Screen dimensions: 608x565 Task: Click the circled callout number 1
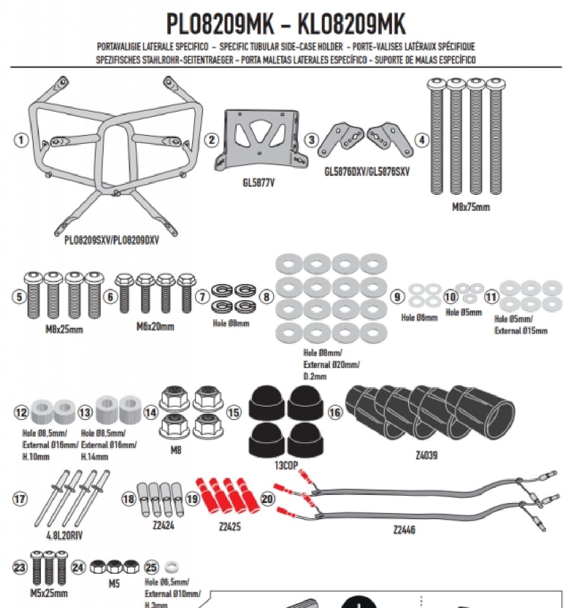click(x=20, y=140)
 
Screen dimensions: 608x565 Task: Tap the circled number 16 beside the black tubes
click(x=335, y=412)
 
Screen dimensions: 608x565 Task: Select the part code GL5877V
click(x=258, y=183)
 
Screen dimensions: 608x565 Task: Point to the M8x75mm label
click(x=470, y=207)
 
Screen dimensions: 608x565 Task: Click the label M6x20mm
click(x=155, y=326)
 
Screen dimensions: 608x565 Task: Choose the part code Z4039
click(x=426, y=455)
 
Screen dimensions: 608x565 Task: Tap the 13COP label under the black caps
click(x=286, y=465)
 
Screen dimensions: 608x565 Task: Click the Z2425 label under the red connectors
click(x=230, y=527)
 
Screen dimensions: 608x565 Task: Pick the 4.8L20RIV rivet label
click(x=64, y=535)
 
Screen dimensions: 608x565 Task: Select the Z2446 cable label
click(x=404, y=529)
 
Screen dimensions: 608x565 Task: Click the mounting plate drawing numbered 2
click(x=259, y=138)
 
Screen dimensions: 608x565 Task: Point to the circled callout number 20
click(x=268, y=499)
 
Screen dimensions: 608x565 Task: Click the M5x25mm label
click(x=49, y=593)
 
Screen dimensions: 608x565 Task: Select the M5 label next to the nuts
click(x=114, y=583)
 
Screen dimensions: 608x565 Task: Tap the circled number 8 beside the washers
click(x=266, y=297)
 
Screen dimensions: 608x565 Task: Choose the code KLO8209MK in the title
click(x=352, y=24)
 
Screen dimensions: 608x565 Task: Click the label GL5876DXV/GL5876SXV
click(x=367, y=171)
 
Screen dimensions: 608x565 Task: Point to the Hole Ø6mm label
click(x=419, y=317)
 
